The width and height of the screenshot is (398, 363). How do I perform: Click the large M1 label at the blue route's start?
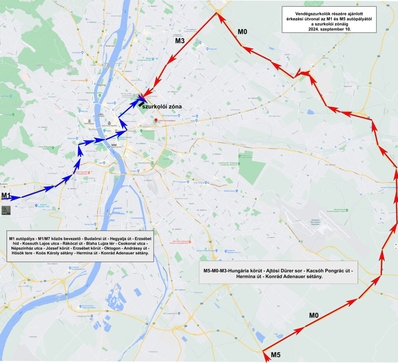(7, 195)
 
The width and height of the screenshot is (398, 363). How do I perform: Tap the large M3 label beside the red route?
(180, 40)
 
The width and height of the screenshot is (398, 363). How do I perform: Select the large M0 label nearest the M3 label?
(242, 32)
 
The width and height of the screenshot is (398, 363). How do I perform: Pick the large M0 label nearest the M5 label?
(314, 315)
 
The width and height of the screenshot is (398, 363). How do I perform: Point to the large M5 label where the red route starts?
(276, 354)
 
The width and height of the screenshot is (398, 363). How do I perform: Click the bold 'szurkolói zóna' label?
(162, 106)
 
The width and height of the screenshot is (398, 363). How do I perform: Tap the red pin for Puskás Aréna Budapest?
(156, 120)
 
